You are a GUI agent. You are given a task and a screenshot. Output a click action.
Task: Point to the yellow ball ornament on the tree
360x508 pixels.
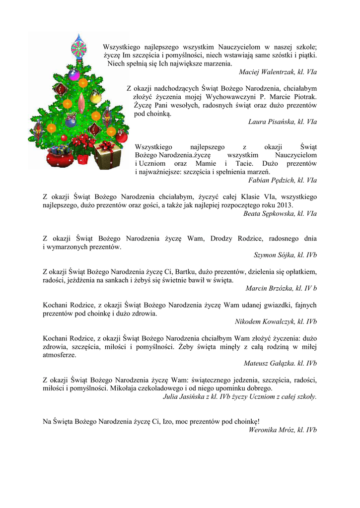point(83,83)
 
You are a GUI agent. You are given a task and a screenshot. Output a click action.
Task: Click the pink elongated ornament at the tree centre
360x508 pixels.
point(82,103)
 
